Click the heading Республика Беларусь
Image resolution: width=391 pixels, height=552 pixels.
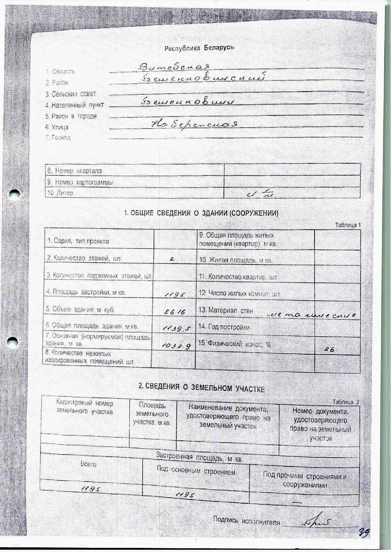(199, 48)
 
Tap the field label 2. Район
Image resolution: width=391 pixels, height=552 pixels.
(57, 83)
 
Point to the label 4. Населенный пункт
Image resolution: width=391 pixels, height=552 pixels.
(74, 105)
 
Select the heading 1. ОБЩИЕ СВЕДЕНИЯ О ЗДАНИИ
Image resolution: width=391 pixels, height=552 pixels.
(202, 213)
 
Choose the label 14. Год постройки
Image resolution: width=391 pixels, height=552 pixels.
(224, 327)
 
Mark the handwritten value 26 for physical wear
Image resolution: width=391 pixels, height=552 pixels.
(341, 350)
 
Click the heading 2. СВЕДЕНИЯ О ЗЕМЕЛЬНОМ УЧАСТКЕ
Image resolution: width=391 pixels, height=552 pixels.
(202, 388)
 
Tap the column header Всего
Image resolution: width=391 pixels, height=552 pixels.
(88, 464)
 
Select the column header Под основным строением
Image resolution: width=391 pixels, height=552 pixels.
(196, 472)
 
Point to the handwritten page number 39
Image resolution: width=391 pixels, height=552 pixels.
(365, 532)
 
